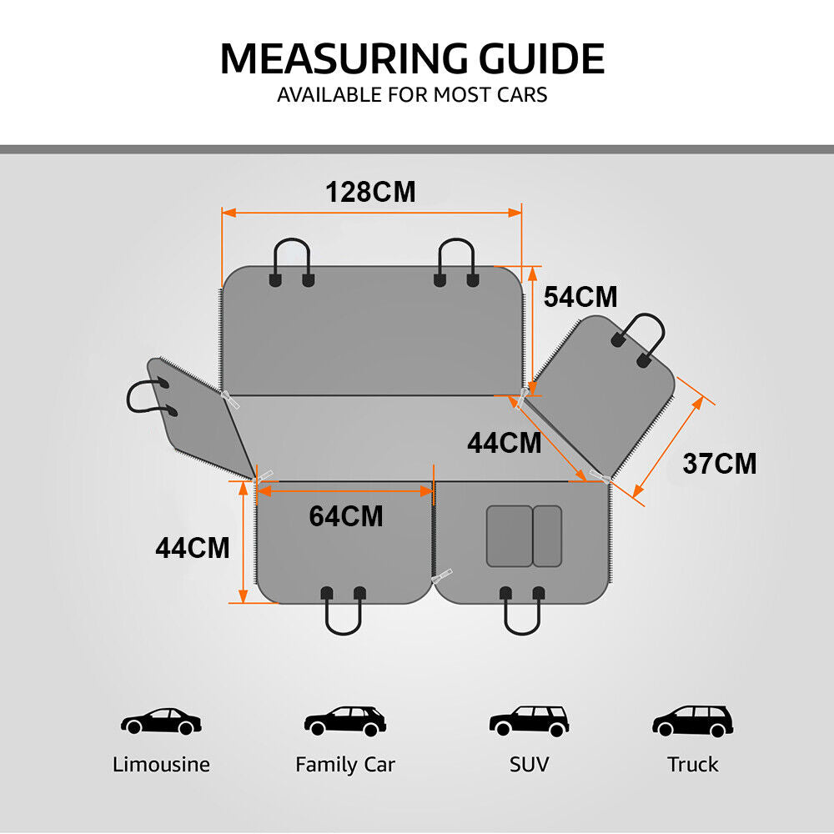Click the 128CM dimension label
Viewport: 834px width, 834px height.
click(x=370, y=192)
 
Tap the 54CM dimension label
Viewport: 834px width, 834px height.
click(x=580, y=297)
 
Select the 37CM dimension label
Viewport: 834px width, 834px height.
click(x=720, y=463)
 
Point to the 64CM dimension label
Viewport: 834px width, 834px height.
click(x=346, y=516)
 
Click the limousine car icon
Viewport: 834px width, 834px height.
click(x=161, y=721)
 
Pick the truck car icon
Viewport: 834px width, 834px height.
click(x=692, y=721)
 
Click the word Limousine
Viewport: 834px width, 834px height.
click(x=161, y=764)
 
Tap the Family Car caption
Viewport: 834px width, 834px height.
click(x=345, y=764)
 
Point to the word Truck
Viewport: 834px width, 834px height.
click(x=692, y=764)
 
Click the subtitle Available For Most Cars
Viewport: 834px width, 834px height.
click(x=412, y=94)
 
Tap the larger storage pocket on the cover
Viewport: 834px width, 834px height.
click(x=509, y=536)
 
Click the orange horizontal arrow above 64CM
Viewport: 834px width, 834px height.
click(x=346, y=491)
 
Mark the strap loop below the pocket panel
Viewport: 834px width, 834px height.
click(x=521, y=617)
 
